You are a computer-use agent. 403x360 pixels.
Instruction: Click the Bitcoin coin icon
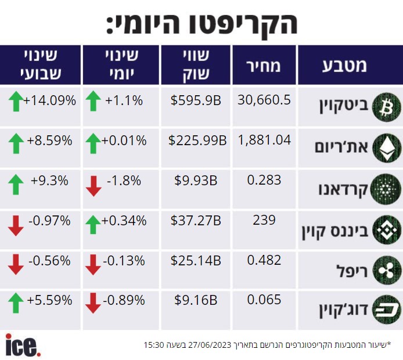pos(387,107)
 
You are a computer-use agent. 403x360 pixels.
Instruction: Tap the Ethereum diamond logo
pos(387,147)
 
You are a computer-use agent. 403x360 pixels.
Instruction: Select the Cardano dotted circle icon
pos(386,189)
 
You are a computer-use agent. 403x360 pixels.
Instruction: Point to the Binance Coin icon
pos(387,230)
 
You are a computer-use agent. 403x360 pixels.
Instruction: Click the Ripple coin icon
pos(387,271)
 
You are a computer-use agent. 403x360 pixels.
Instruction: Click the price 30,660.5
pos(264,100)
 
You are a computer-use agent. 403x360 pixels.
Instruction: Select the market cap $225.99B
pos(197,141)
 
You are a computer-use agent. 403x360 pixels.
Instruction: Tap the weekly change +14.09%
pos(49,100)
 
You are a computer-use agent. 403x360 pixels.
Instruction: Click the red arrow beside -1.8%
pos(93,186)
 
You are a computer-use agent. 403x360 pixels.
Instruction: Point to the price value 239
pos(264,220)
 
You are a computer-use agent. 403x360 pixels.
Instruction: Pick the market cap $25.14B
pos(196,261)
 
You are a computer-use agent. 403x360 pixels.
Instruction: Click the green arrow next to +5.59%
pos(16,303)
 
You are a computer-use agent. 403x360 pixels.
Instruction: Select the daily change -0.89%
pos(124,300)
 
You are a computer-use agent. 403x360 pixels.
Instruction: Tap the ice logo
pos(23,345)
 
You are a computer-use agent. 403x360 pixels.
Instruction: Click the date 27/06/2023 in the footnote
pos(210,344)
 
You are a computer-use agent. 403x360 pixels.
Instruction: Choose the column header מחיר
pos(264,66)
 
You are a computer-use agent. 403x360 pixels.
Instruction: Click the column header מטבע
pos(344,66)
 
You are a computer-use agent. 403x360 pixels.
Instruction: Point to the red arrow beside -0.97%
pos(16,226)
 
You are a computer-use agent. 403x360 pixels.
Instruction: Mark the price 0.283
pos(264,180)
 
